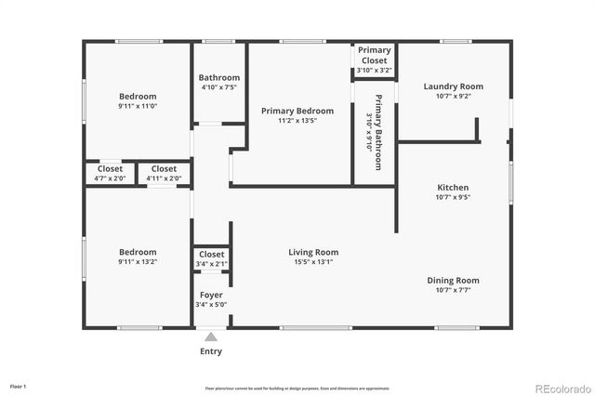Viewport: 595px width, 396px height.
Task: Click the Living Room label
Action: coord(312,252)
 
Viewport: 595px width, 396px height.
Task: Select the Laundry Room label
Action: coord(453,86)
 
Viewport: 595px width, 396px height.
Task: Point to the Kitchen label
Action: coord(453,187)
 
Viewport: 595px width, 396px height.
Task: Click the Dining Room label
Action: coord(453,280)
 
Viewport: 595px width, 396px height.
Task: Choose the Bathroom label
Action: coord(219,77)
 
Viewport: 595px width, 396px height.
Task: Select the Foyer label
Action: coord(211,294)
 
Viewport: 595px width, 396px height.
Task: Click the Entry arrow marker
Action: coord(211,337)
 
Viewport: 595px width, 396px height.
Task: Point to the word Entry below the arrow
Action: coord(211,351)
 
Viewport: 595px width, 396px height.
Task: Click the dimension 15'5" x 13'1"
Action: coord(312,262)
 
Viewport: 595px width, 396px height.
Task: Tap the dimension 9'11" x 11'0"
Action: coord(138,106)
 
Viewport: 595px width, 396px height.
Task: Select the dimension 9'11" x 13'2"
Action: coord(138,262)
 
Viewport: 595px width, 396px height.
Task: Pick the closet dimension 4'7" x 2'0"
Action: coord(110,178)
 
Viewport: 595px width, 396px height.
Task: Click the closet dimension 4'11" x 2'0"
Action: coord(164,178)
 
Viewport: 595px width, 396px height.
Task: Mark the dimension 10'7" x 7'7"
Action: coord(453,290)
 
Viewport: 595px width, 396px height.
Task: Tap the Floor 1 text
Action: coord(18,385)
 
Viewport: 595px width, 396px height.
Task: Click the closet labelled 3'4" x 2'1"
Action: coord(211,258)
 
